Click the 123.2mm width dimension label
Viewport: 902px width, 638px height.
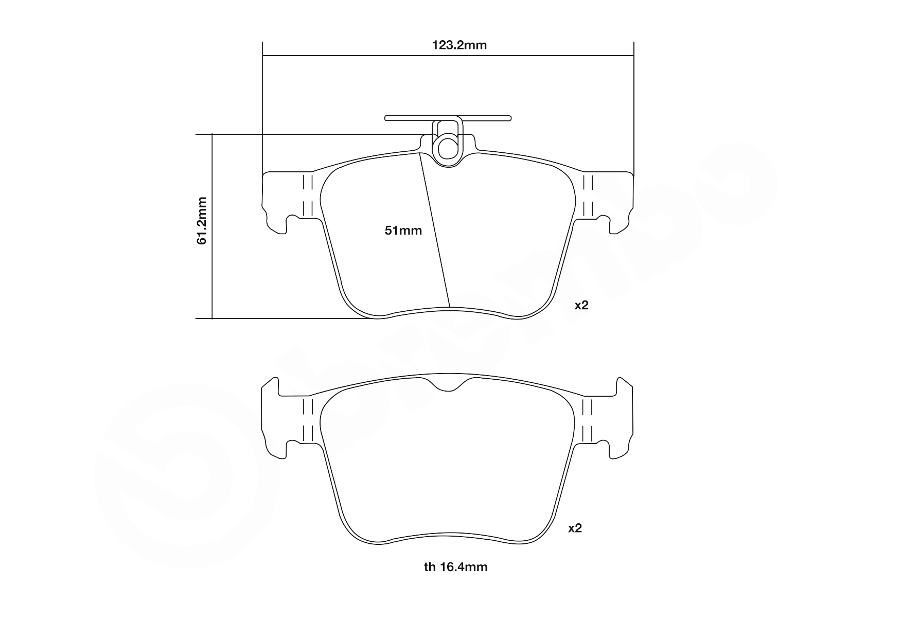coord(459,45)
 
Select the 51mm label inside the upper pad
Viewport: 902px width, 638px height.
coord(403,231)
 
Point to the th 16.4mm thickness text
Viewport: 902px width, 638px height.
coord(455,567)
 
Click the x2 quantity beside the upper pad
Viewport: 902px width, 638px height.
coord(581,305)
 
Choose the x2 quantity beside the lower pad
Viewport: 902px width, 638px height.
coord(575,528)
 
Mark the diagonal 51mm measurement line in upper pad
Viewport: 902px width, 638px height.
coord(435,231)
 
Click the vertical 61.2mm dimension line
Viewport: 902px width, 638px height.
coord(212,226)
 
